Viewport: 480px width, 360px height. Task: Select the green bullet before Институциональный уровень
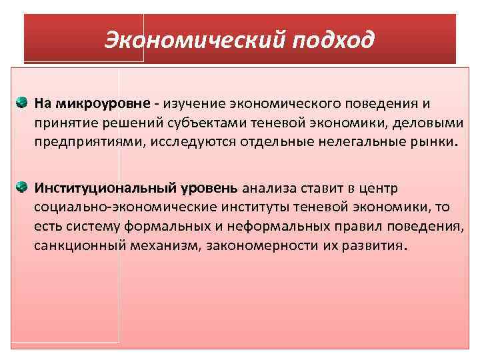pos(21,185)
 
